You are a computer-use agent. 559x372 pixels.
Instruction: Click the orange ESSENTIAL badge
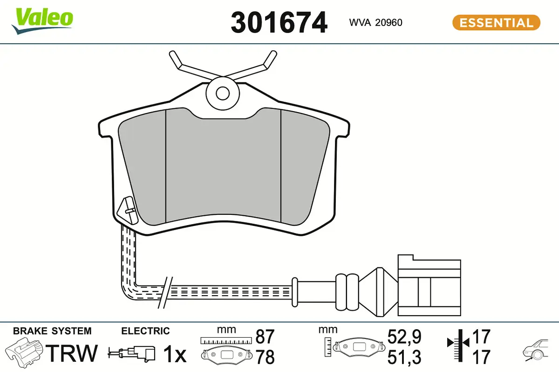pyautogui.click(x=496, y=22)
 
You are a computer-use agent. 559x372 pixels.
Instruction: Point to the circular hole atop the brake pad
pyautogui.click(x=223, y=93)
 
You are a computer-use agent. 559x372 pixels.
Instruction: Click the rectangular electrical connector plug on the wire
pyautogui.click(x=429, y=283)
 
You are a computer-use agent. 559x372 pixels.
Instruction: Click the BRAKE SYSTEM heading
pyautogui.click(x=52, y=331)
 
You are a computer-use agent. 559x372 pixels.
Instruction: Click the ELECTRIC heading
pyautogui.click(x=145, y=331)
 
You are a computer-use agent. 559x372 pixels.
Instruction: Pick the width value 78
pyautogui.click(x=265, y=357)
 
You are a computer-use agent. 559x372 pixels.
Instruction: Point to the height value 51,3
pyautogui.click(x=404, y=357)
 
